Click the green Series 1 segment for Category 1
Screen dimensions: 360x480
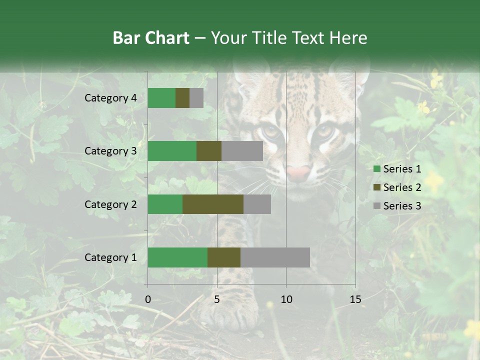tap(177, 257)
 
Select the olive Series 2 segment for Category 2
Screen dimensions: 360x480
tap(213, 204)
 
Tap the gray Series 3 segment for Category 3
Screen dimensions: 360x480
tap(242, 151)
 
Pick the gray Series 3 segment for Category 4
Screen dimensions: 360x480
tap(196, 98)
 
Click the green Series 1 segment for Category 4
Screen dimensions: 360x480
tap(161, 98)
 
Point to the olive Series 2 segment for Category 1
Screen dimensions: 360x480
tap(224, 257)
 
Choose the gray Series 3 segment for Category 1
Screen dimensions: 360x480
tap(275, 257)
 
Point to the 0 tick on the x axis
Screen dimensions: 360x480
tap(148, 299)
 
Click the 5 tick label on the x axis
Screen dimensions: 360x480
tap(217, 299)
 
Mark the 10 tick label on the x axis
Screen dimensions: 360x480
tap(286, 299)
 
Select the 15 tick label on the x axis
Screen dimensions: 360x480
tap(355, 299)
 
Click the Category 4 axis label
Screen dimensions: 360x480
tap(110, 98)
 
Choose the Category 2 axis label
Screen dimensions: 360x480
tap(110, 204)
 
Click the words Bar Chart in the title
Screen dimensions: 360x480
tap(151, 38)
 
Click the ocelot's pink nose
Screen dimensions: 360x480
tap(299, 173)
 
